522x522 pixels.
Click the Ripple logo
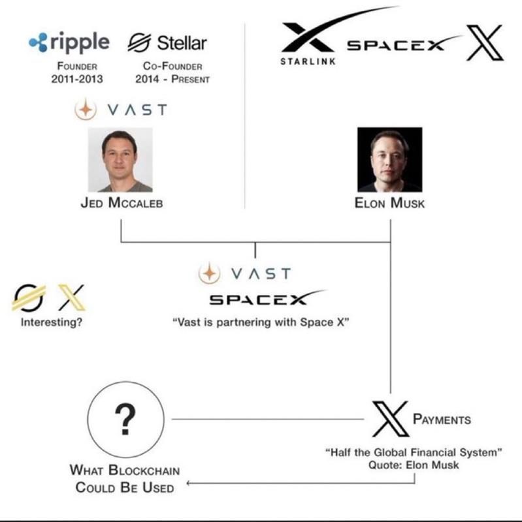(69, 42)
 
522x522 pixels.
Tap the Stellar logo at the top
(167, 43)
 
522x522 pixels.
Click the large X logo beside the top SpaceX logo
(483, 42)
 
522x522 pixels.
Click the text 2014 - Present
(172, 79)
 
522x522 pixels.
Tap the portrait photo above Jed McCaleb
(120, 159)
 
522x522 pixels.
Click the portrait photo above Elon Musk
(389, 159)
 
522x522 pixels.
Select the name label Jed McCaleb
(121, 203)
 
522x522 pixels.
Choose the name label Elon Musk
(389, 203)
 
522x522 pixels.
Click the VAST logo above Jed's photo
(121, 110)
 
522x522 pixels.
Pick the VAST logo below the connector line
(245, 273)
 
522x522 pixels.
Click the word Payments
(442, 419)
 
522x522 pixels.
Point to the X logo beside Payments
(390, 419)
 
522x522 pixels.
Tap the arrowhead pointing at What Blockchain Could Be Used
(189, 484)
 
